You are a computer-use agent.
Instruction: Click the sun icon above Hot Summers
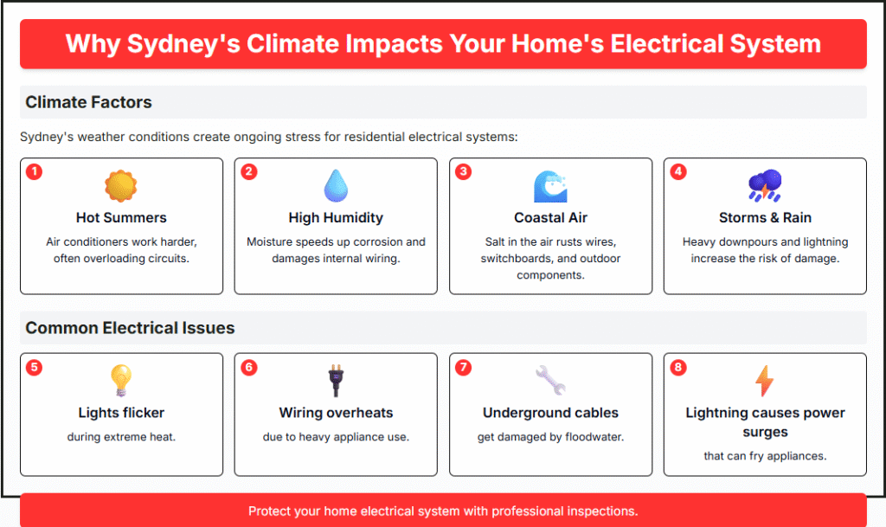[121, 186]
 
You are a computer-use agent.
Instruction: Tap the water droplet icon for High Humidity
[336, 186]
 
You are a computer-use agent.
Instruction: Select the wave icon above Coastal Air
[550, 186]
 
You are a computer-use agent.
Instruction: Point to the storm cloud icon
[765, 185]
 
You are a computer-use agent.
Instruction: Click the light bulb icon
[121, 380]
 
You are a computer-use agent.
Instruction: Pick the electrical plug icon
[336, 381]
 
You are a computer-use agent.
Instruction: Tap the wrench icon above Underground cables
[550, 380]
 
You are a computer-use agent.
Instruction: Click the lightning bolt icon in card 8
[765, 381]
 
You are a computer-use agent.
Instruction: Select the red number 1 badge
[34, 171]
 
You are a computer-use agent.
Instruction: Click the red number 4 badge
[678, 171]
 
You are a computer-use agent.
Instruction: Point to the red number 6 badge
[248, 367]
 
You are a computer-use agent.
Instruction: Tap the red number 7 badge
[464, 367]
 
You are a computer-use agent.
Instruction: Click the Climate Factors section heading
[89, 102]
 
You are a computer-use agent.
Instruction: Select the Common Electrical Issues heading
[130, 328]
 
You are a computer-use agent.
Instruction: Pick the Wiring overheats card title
[336, 413]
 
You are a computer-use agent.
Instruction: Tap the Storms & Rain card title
[765, 217]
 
